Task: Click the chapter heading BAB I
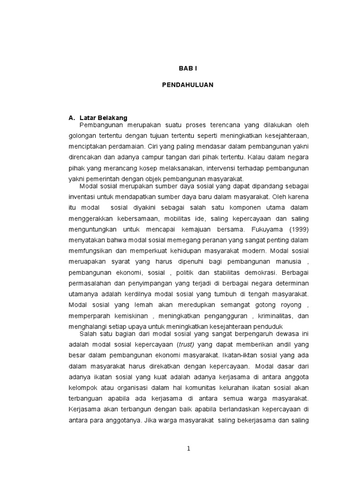pos(187,68)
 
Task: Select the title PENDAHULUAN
pos(187,85)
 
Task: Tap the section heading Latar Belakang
pos(104,118)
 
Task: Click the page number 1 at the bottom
pos(188,449)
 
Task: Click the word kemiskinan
pos(129,315)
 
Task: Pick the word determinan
pos(293,283)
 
